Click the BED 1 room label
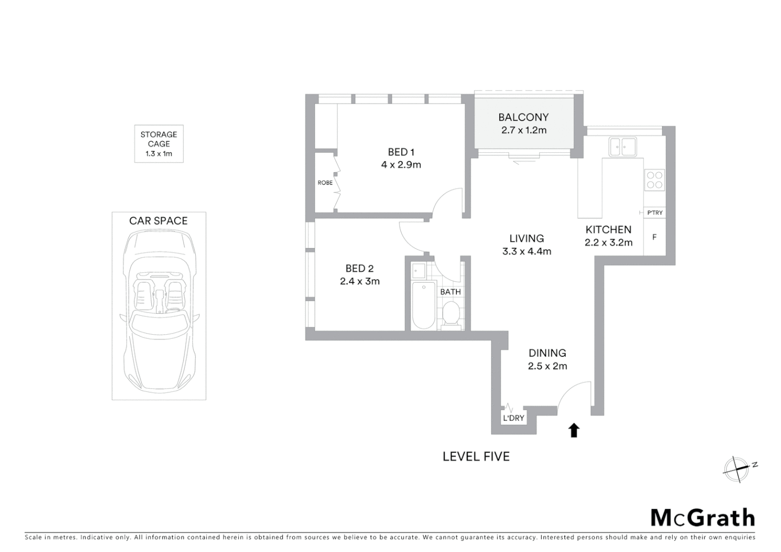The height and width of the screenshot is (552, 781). pos(401,152)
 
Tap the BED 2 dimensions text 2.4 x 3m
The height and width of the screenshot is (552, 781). pos(360,281)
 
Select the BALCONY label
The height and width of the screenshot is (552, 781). pos(523,118)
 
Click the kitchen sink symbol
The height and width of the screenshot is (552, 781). pos(622,147)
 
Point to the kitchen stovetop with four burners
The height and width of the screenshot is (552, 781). pos(655,179)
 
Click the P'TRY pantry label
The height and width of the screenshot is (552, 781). pos(654,213)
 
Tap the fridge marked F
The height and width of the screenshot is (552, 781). pos(654,237)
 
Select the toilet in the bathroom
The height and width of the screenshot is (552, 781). pos(450,313)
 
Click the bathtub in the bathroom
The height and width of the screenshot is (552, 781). pos(424,305)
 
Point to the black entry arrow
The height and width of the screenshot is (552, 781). pos(574,430)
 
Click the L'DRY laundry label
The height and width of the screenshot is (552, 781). pos(514,418)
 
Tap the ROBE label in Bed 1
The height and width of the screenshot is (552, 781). pos(325,182)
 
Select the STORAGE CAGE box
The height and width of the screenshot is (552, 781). pos(158,144)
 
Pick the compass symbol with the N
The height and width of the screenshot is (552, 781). pos(737,469)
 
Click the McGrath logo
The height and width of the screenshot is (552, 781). pos(702,518)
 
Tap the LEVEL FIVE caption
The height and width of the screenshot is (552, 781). pos(476,456)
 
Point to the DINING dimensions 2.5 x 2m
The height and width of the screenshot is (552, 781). pos(547,366)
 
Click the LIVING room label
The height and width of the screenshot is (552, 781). pos(526,238)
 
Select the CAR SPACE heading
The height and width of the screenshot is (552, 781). pos(158,221)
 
